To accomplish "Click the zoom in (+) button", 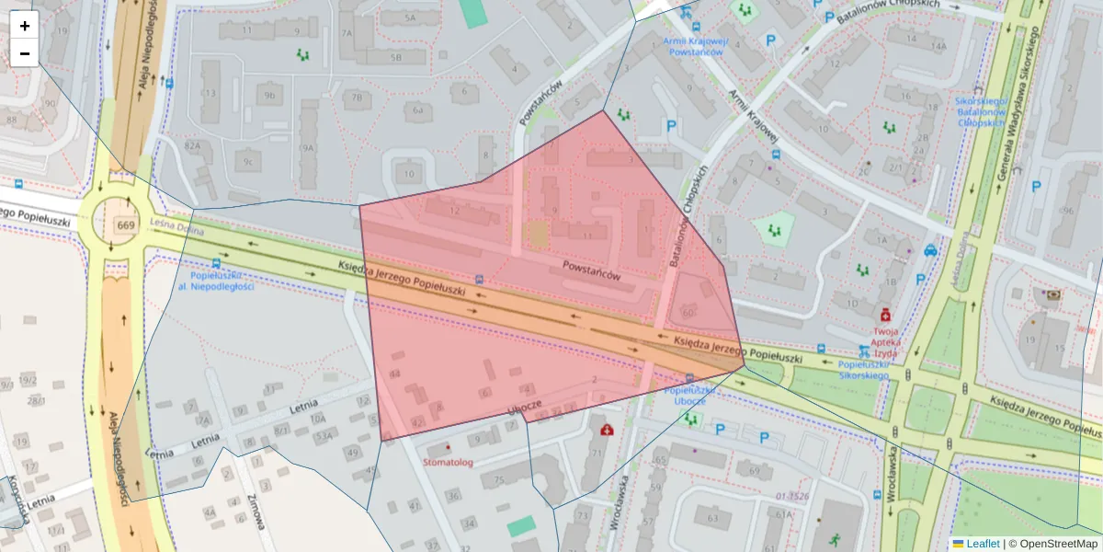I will point(25,26).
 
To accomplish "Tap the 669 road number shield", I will point(126,225).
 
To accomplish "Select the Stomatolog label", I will point(448,463).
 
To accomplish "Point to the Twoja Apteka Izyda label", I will point(885,341).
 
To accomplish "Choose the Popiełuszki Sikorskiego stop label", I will point(863,370).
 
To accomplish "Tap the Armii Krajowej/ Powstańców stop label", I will point(695,47).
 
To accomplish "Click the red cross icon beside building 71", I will point(607,430).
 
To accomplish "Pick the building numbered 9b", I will point(269,95).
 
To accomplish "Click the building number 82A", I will point(192,145).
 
